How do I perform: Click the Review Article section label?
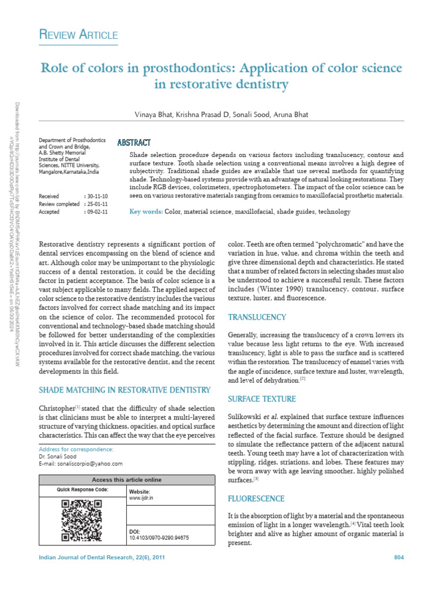[x=78, y=36]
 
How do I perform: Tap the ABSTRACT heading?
[x=134, y=143]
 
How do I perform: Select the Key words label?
[x=146, y=212]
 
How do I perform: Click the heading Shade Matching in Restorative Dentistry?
[x=124, y=390]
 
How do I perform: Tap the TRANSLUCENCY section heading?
[x=257, y=317]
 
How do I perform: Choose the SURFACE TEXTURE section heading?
[x=262, y=399]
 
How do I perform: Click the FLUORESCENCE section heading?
[x=257, y=498]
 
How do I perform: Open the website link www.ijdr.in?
[x=141, y=497]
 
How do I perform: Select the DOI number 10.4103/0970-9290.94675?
[x=159, y=537]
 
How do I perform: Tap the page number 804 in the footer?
[x=399, y=557]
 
